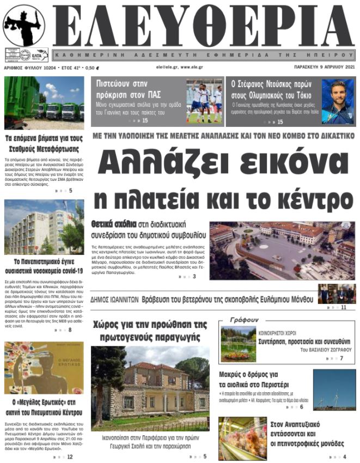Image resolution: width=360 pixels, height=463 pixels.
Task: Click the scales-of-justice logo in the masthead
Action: click(x=24, y=26)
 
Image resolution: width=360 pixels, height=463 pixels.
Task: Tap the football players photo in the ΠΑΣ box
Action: click(x=204, y=102)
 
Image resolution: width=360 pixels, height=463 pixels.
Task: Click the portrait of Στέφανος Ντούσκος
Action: click(x=338, y=102)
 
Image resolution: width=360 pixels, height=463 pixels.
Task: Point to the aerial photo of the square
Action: click(x=282, y=251)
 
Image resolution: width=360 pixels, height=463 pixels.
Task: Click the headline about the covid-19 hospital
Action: click(x=44, y=266)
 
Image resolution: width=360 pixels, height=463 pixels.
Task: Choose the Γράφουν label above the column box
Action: click(x=244, y=320)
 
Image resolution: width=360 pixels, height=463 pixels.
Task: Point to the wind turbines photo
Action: click(x=334, y=389)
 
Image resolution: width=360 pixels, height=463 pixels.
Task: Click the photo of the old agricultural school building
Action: click(x=150, y=388)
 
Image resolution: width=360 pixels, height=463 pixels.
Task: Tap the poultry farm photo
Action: click(x=242, y=438)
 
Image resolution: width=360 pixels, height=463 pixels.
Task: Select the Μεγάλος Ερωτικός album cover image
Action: click(x=44, y=368)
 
